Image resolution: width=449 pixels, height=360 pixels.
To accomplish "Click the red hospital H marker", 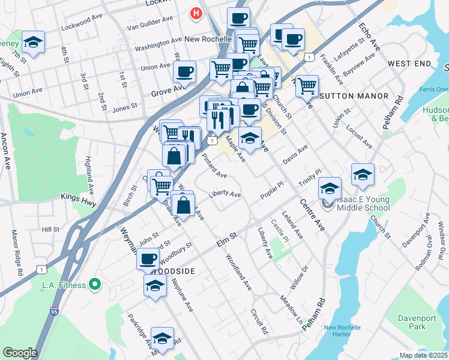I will click(195, 13).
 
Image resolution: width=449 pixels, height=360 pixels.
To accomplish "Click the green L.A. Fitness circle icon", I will click(94, 284).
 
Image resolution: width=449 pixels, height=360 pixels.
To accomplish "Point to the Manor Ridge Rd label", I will click(16, 253).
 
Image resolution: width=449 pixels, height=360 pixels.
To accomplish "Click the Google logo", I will click(20, 353).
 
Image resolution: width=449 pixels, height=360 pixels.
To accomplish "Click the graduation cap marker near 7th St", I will click(33, 42).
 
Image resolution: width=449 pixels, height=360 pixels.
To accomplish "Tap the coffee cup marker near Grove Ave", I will click(184, 71).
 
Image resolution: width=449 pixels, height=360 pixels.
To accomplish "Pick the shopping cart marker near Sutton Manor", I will click(306, 85).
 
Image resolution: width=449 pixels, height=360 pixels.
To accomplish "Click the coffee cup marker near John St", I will click(148, 259).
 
